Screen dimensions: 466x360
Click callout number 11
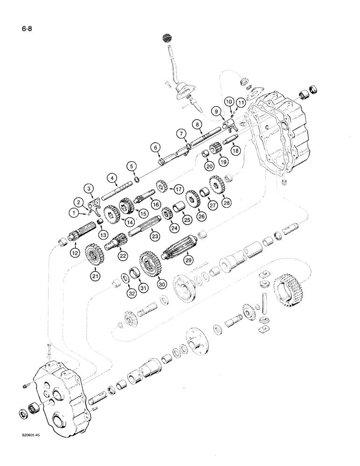point(240,101)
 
